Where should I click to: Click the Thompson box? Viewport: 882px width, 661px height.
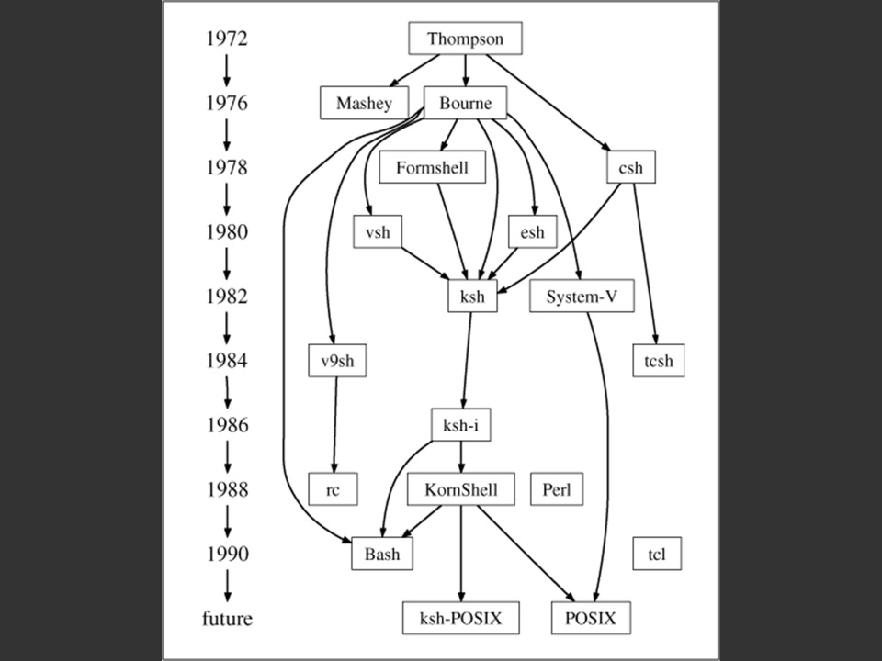pyautogui.click(x=465, y=39)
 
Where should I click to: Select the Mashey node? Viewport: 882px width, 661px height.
pyautogui.click(x=363, y=103)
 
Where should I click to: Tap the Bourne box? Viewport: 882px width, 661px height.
pyautogui.click(x=465, y=103)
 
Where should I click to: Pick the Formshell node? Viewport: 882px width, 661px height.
pyautogui.click(x=432, y=168)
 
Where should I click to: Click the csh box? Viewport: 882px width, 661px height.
pyautogui.click(x=631, y=168)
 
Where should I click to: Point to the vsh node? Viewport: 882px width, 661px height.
pyautogui.click(x=378, y=231)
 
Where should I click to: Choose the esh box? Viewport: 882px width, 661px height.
pyautogui.click(x=532, y=231)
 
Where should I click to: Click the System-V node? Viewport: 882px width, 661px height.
pyautogui.click(x=581, y=297)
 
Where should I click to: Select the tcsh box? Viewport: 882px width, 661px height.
pyautogui.click(x=659, y=361)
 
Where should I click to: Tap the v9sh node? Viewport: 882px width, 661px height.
pyautogui.click(x=337, y=361)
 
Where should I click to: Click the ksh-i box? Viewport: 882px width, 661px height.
pyautogui.click(x=461, y=425)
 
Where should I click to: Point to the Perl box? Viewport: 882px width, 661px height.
pyautogui.click(x=557, y=489)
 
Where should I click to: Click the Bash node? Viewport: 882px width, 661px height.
pyautogui.click(x=382, y=555)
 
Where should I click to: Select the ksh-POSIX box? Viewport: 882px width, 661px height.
pyautogui.click(x=461, y=619)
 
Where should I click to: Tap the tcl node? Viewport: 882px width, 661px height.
pyautogui.click(x=658, y=555)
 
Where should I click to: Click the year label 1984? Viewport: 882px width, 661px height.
pyautogui.click(x=226, y=361)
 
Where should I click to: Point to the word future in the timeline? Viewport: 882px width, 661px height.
pyautogui.click(x=227, y=619)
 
